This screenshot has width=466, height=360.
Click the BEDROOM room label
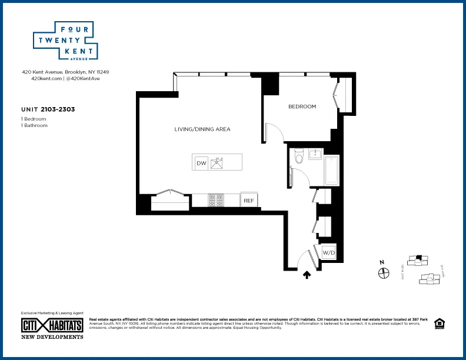click(x=302, y=106)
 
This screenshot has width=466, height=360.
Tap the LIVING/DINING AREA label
click(x=202, y=129)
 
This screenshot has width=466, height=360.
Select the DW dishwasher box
click(x=201, y=163)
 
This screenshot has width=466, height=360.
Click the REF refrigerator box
click(x=248, y=201)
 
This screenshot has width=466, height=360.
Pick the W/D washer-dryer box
click(x=328, y=253)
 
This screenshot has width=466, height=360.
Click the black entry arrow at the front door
click(x=306, y=274)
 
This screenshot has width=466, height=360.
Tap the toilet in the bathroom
click(x=298, y=157)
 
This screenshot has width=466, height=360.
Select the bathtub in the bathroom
click(x=332, y=171)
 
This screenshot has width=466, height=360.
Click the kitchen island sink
click(x=218, y=163)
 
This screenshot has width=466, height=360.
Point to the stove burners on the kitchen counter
click(x=215, y=201)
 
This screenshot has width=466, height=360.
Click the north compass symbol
click(x=384, y=272)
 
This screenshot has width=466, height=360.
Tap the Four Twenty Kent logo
click(x=65, y=42)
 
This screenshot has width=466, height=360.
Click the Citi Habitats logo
click(x=52, y=325)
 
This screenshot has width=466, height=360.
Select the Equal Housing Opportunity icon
click(x=438, y=324)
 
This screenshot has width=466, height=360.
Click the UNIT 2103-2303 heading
click(x=47, y=109)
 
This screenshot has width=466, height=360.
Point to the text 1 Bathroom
click(x=34, y=125)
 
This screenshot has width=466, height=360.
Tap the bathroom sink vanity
click(x=315, y=155)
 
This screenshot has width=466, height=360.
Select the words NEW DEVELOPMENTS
click(x=52, y=336)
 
